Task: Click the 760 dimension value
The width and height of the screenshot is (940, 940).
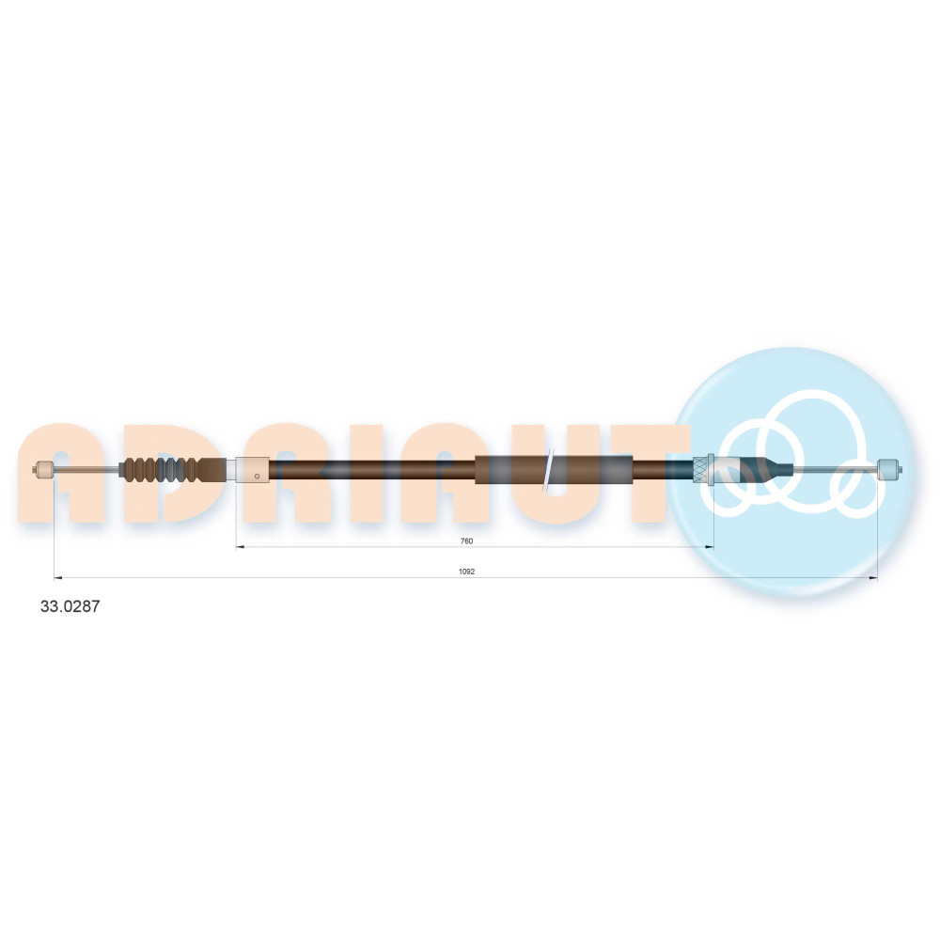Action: click(466, 541)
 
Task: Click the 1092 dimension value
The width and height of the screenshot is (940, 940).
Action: click(466, 572)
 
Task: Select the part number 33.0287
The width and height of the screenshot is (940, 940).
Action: click(70, 606)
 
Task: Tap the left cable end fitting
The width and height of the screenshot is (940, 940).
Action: click(44, 469)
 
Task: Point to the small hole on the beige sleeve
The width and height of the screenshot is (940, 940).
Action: click(258, 477)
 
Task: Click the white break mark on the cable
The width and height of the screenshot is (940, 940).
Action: click(548, 469)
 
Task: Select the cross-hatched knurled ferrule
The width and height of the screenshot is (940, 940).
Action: click(700, 469)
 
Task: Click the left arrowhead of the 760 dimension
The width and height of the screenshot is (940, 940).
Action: click(239, 547)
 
